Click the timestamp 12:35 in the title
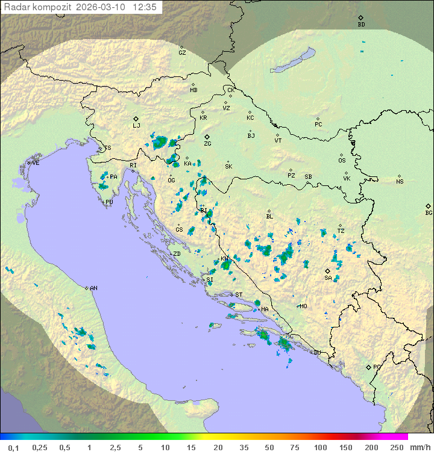tap(146, 7)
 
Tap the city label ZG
tap(207, 144)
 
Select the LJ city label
tap(136, 126)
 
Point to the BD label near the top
tap(361, 25)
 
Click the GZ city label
tap(182, 52)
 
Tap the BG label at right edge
tap(429, 212)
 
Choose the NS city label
tap(400, 182)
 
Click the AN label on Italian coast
tap(93, 288)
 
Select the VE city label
tap(36, 163)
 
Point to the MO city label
tap(303, 306)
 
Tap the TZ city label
tap(341, 231)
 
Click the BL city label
tap(269, 217)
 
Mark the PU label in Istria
tap(109, 202)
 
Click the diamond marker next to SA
tap(327, 271)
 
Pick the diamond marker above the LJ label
tap(136, 119)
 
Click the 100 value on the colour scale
tap(321, 447)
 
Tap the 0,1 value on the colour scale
tap(13, 447)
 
